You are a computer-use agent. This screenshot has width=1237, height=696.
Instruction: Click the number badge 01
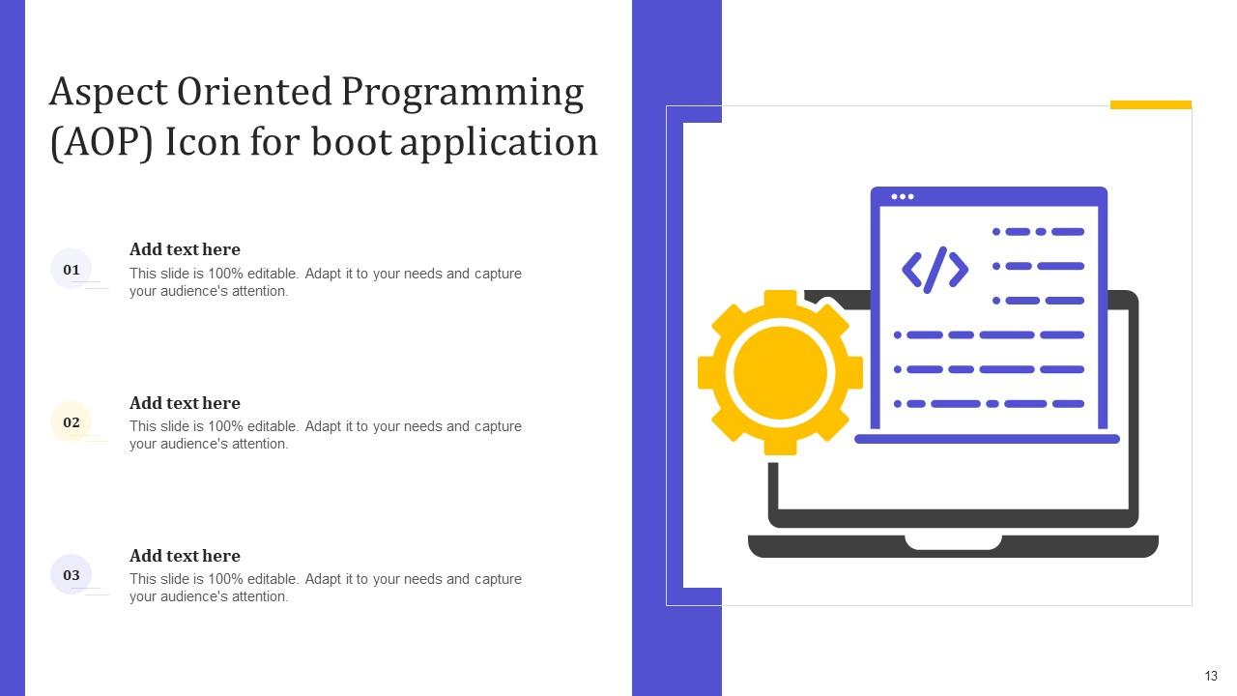coord(72,269)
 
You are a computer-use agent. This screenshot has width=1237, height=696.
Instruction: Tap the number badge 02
coord(72,421)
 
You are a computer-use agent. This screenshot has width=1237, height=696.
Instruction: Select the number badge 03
coord(72,574)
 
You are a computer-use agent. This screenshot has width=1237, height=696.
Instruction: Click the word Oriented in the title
coord(253,93)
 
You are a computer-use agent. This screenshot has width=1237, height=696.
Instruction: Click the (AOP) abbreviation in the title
coord(101,143)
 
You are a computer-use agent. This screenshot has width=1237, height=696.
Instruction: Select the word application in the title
coord(500,143)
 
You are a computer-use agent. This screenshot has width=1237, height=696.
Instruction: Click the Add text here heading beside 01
coord(185,249)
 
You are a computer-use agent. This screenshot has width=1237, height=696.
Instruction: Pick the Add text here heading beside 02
coord(185,403)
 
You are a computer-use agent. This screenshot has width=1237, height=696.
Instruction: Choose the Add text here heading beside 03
coord(185,556)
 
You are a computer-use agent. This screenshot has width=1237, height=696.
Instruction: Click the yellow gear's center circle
coord(781,372)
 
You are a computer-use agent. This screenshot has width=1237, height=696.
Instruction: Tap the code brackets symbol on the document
coord(935,270)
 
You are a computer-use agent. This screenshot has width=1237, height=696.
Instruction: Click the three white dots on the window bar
coord(903,196)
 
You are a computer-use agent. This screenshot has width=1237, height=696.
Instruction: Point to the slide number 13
coord(1211,677)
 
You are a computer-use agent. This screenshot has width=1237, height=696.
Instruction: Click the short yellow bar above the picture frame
coord(1150,104)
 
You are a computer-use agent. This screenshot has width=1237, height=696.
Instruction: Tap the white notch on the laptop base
coord(953,541)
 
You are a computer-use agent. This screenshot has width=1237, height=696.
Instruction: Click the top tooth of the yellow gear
coord(781,299)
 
